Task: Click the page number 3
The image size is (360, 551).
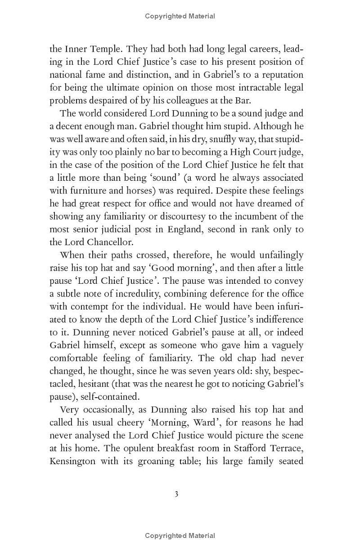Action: click(x=176, y=494)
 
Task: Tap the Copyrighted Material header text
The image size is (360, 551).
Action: click(x=180, y=16)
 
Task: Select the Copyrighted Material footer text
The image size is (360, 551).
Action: click(x=180, y=535)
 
